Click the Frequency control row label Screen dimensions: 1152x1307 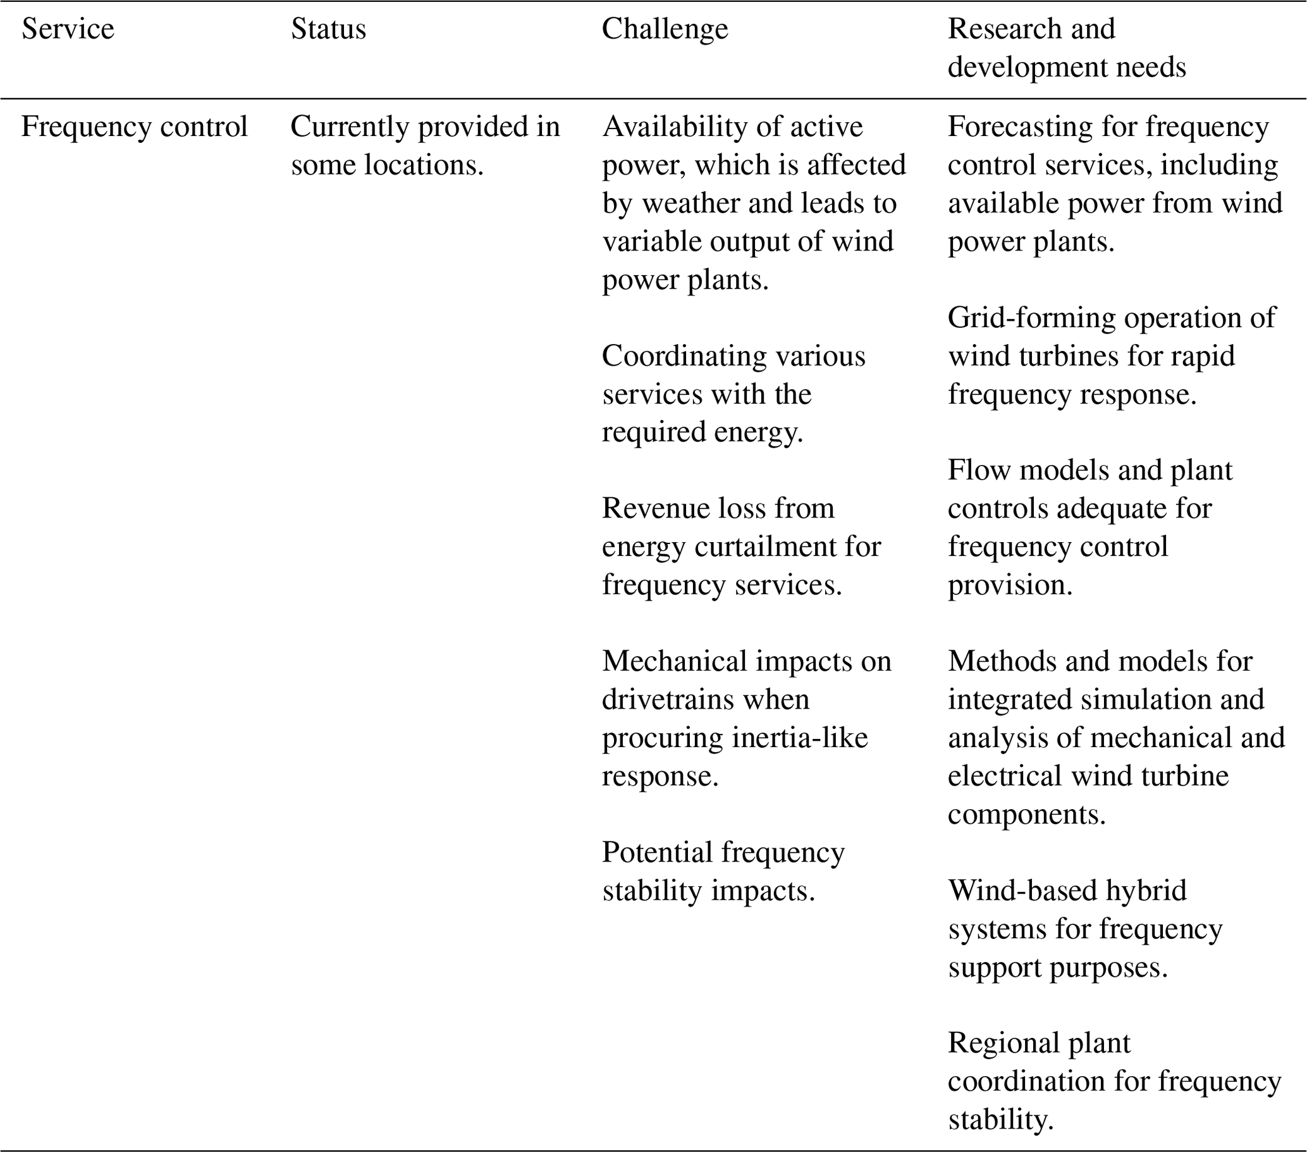(x=134, y=127)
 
